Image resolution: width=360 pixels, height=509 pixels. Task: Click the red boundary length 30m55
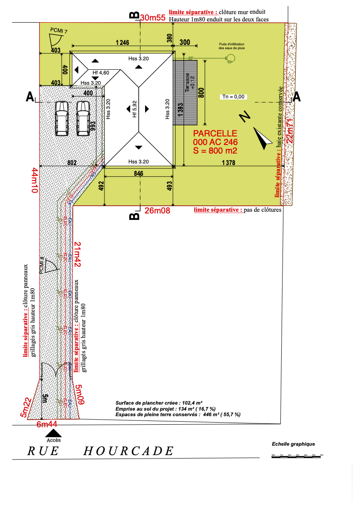(153, 18)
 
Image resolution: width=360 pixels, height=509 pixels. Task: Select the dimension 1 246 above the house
(122, 42)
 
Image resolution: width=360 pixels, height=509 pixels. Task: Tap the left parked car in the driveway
(62, 118)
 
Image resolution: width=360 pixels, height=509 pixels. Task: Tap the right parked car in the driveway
(82, 118)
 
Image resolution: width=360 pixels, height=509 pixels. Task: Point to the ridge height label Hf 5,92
(134, 109)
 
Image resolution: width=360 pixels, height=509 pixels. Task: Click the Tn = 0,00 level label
(233, 97)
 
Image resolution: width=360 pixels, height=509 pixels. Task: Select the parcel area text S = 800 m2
(216, 151)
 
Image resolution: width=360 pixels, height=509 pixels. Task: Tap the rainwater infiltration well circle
(230, 58)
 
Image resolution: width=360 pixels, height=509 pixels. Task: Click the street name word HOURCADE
(128, 451)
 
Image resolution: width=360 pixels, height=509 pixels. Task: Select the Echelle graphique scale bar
(297, 456)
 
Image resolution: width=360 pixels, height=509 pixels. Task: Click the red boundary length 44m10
(35, 181)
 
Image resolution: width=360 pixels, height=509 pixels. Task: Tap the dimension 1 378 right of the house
(229, 163)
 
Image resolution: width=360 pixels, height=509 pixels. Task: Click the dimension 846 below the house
(138, 173)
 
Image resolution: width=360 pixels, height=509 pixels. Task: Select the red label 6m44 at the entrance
(47, 424)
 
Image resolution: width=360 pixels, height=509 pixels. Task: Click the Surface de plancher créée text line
(159, 403)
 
